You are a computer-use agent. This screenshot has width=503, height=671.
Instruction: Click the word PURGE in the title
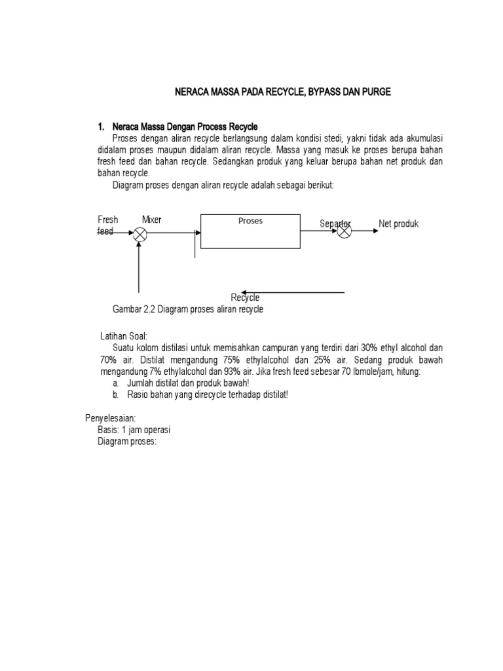(376, 93)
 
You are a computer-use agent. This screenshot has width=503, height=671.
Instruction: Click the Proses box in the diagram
(250, 231)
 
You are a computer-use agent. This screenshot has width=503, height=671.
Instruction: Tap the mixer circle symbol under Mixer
(140, 235)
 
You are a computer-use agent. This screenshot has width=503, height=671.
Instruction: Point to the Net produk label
(398, 224)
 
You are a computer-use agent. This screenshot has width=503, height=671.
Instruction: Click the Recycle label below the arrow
(245, 298)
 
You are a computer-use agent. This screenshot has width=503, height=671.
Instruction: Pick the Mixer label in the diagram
(151, 220)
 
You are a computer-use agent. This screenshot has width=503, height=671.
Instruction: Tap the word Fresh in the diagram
(108, 220)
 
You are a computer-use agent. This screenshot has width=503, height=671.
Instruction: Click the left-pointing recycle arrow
(291, 292)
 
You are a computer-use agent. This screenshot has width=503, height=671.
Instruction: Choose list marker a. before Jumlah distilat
(115, 383)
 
